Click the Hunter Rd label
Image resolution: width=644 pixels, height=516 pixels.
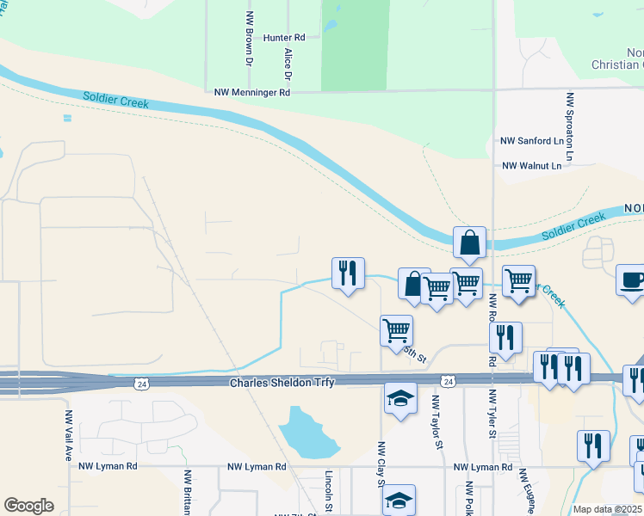click(284, 38)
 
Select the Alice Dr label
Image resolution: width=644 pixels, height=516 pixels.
click(288, 64)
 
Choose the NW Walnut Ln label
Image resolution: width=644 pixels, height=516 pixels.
click(531, 165)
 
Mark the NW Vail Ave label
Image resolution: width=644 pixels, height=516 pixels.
click(68, 434)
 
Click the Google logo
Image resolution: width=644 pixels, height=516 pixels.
click(28, 506)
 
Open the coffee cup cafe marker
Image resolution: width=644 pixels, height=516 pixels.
click(631, 279)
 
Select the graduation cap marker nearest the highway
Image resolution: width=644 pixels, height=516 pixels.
click(400, 398)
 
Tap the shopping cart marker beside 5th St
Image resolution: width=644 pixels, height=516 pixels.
click(396, 330)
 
